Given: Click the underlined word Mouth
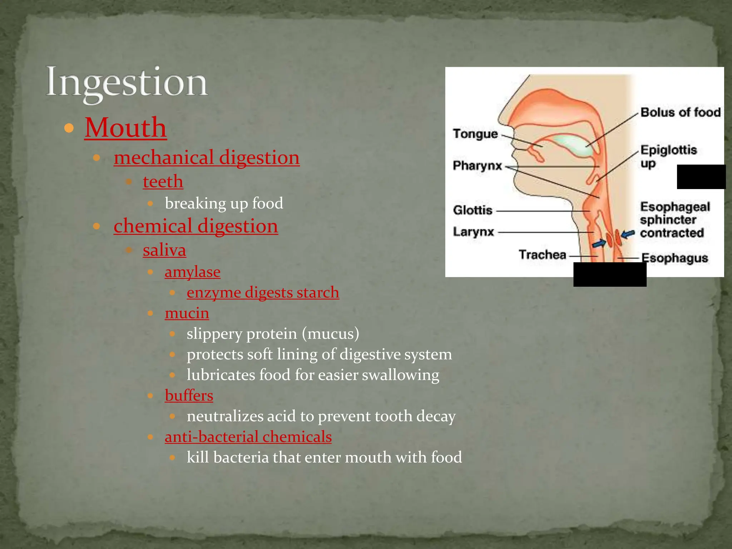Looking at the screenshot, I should pos(125,128).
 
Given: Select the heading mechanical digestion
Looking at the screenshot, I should pos(207,158).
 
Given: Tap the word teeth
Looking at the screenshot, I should pos(163,182).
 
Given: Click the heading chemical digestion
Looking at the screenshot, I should pos(196,226).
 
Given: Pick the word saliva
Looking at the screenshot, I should pos(164,250).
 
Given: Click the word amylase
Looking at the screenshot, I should pos(192,272).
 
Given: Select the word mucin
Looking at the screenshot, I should pos(187,313).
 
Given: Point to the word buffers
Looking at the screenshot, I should pos(189,396).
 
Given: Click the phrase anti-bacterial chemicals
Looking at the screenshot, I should pos(248,437).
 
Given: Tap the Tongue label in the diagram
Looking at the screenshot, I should pos(475,134).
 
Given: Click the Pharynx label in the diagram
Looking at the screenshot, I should pos(478,166).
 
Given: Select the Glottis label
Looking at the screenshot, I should pos(473,210).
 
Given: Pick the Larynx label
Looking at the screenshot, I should pos(473,232).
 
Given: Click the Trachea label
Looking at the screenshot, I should pos(542,255).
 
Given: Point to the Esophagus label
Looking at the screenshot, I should pos(674,258).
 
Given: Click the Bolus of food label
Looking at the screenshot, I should pos(680,113).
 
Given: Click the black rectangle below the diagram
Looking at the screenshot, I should pos(610,274).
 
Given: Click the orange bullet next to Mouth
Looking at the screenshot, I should pos(69,128).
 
